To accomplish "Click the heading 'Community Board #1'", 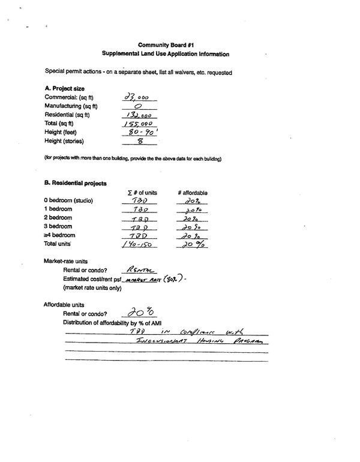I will (165, 44).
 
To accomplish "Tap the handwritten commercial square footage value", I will (136, 97).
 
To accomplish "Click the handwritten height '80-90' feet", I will (139, 132).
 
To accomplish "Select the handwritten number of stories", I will (139, 142).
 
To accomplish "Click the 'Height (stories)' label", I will (64, 141).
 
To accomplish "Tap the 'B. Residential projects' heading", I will (75, 182).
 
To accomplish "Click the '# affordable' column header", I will (193, 193).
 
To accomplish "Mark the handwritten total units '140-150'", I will (138, 245).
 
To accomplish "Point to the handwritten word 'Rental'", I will (140, 270).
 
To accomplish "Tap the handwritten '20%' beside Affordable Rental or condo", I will (142, 311).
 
